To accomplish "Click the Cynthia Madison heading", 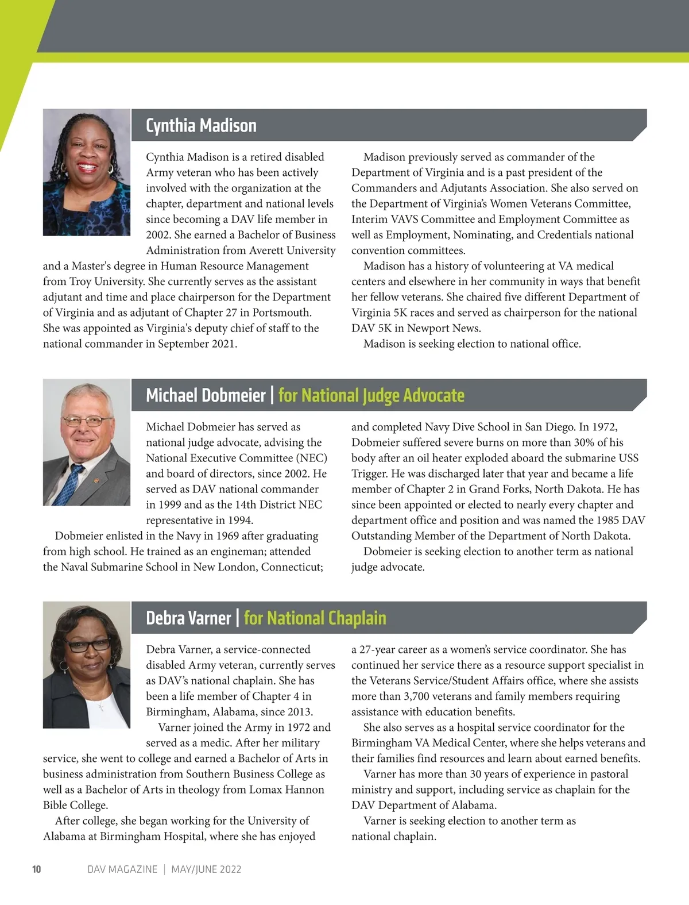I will (x=201, y=125).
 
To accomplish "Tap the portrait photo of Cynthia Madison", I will (x=87, y=172).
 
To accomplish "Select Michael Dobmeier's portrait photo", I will (x=87, y=442).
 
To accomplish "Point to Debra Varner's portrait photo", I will (x=87, y=665).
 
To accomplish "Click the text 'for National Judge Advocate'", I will (x=371, y=395).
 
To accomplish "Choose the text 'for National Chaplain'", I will (x=315, y=618).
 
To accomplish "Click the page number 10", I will (x=37, y=869).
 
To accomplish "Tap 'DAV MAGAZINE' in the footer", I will (x=122, y=869).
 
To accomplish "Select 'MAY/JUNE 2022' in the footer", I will (x=206, y=869).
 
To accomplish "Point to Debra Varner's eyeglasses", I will (x=87, y=644).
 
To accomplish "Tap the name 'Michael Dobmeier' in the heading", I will (x=206, y=395).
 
